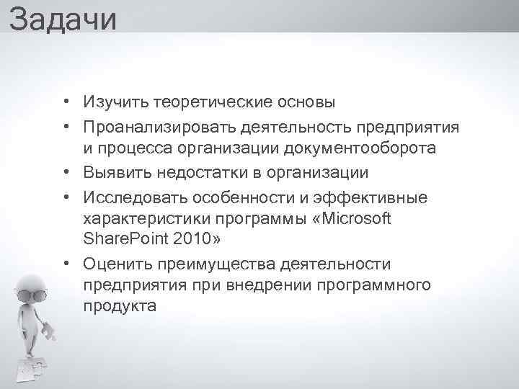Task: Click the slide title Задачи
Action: click(63, 18)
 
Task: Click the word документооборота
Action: click(362, 149)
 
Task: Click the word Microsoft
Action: click(359, 218)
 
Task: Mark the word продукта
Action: click(119, 306)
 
